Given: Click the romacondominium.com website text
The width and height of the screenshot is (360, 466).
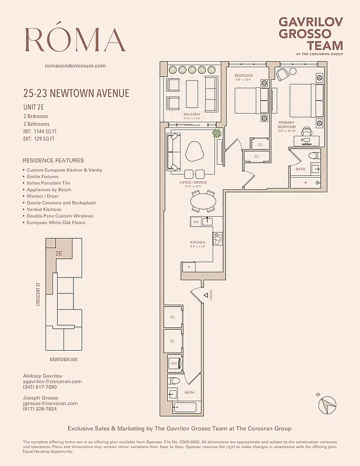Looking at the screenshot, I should tap(75, 66).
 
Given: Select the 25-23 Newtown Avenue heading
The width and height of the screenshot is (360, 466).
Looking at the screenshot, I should tap(76, 93).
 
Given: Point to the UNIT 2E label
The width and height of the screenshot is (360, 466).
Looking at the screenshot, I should tap(35, 107).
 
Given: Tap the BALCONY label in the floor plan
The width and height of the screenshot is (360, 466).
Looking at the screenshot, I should tap(192, 114).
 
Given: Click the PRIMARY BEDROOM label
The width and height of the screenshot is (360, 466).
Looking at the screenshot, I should tap(287, 124).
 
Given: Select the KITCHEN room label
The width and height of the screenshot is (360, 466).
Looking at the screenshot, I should tap(197, 242).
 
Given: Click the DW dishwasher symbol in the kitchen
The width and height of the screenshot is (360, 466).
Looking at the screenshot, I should tap(196, 222).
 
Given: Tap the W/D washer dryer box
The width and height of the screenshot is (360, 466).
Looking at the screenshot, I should tap(174, 363).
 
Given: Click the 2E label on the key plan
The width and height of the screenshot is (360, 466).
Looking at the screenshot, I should tap(59, 253).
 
